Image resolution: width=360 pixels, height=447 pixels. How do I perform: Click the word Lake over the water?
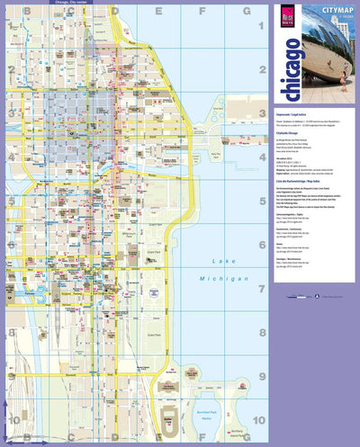(220, 261)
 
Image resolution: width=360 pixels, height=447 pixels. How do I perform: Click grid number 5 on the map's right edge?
(260, 202)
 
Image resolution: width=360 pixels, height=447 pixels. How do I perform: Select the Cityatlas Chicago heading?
(292, 132)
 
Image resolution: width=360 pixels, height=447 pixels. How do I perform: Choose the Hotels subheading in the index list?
(280, 246)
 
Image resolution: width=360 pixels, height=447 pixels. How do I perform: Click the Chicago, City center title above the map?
(71, 4)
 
